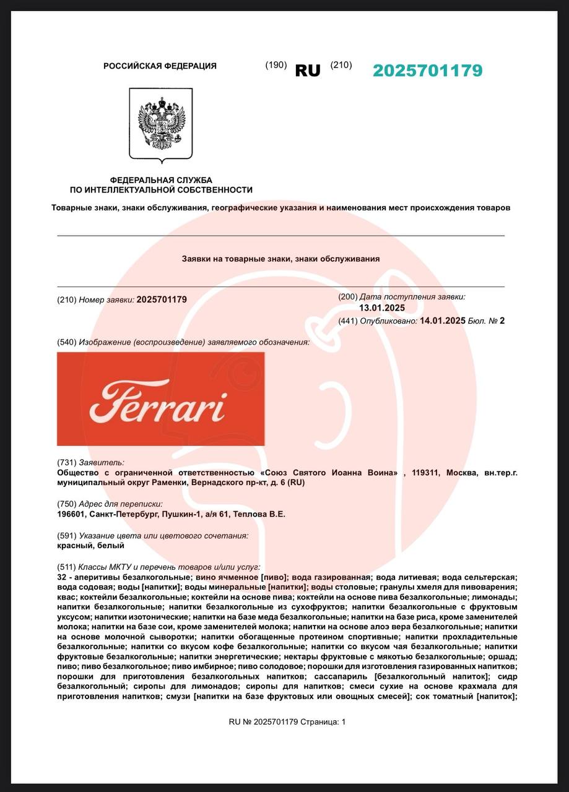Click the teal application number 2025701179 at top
(x=427, y=71)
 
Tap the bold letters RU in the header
(x=308, y=71)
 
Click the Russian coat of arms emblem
(x=161, y=124)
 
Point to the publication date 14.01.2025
(x=442, y=321)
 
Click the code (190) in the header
(x=276, y=65)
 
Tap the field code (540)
(x=66, y=342)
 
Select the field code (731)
(x=66, y=462)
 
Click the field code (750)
(x=66, y=504)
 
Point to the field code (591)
(x=66, y=535)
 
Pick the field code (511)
(x=66, y=567)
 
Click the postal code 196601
(x=71, y=514)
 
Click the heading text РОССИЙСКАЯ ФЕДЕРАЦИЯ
(x=160, y=66)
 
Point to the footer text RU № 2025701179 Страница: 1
(x=287, y=721)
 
